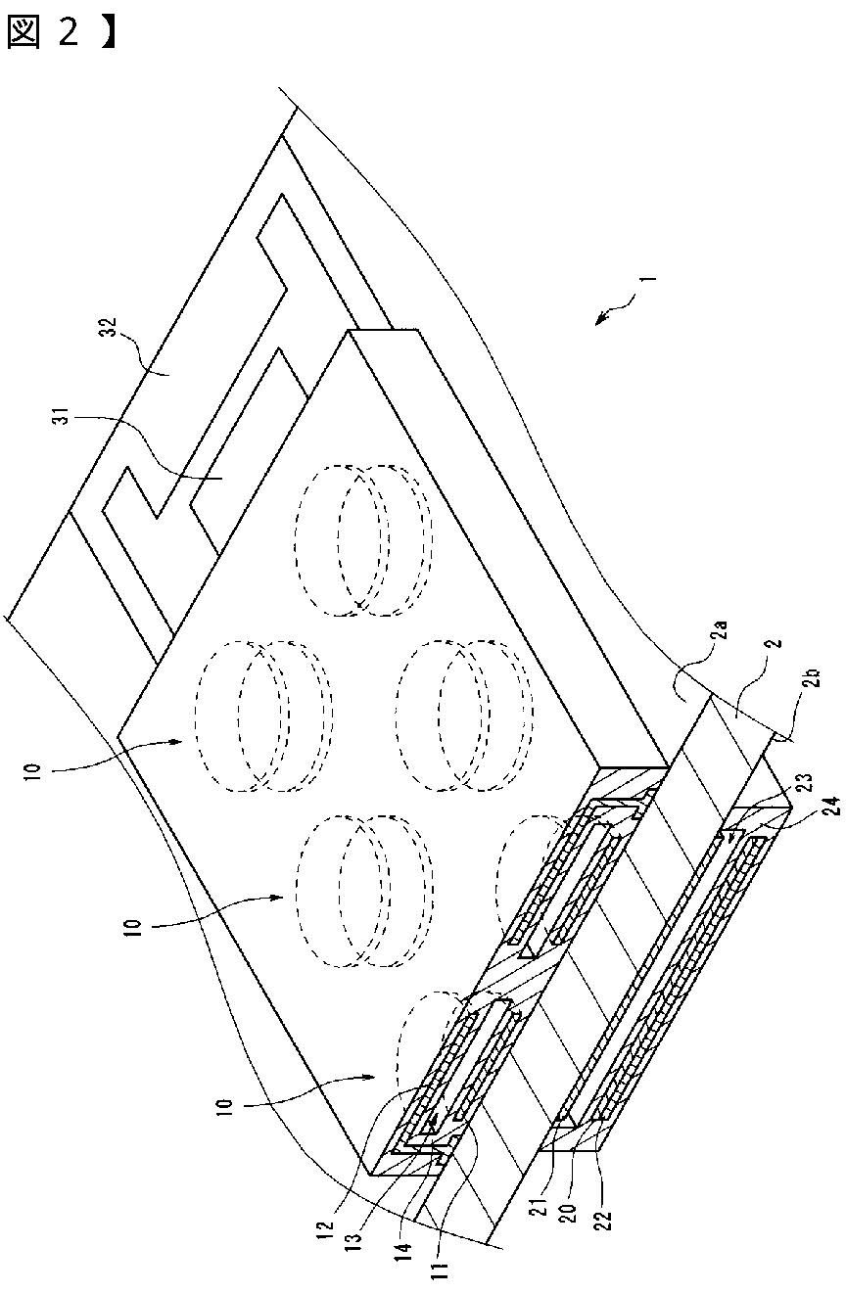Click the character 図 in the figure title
click(23, 31)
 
